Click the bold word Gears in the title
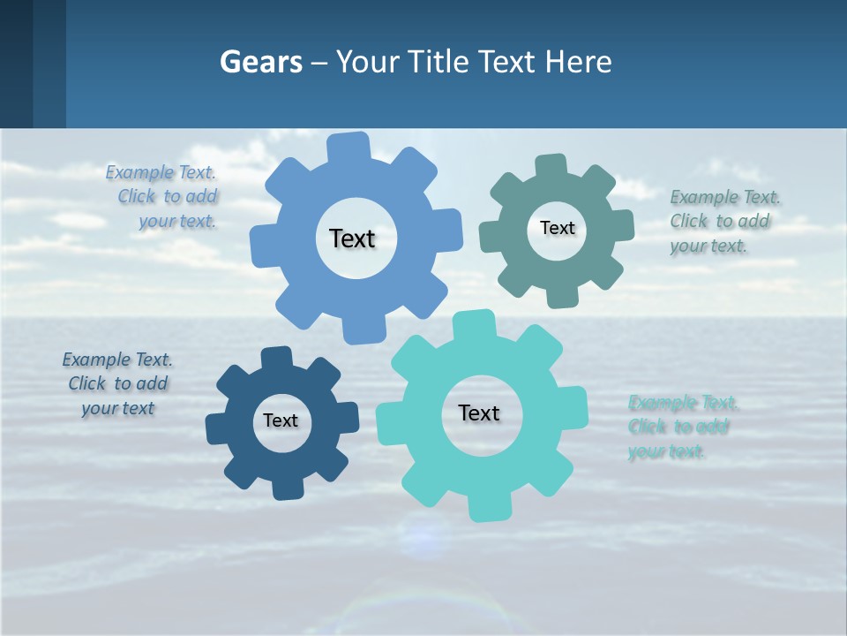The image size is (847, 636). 261,62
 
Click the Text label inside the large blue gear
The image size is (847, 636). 352,238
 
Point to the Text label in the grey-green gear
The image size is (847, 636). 557,228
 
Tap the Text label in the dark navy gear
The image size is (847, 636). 281,420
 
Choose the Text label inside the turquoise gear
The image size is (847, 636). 479,413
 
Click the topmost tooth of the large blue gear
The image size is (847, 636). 349,147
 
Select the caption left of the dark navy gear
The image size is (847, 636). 117,384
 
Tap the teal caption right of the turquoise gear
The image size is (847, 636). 682,428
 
